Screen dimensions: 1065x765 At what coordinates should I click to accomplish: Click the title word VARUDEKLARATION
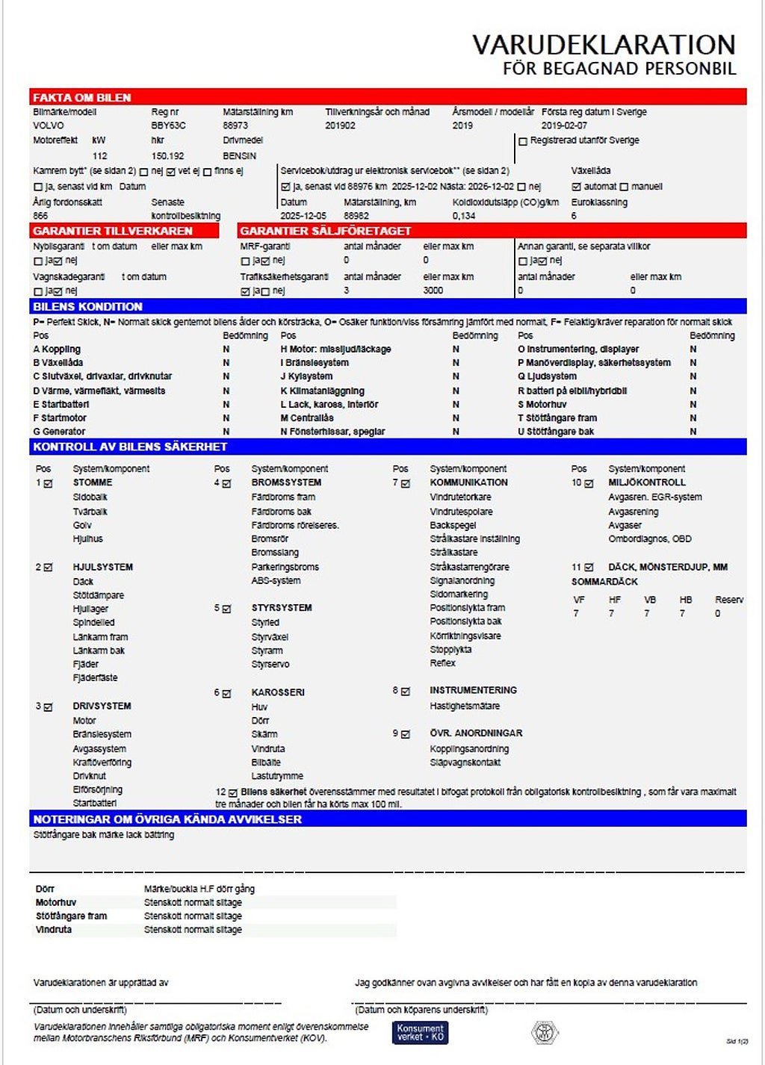pyautogui.click(x=604, y=45)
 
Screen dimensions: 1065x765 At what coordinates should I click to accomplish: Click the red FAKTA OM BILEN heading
pyautogui.click(x=82, y=98)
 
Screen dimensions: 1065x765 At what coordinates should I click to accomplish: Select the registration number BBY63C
pyautogui.click(x=168, y=125)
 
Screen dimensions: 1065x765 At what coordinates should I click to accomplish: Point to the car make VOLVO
pyautogui.click(x=49, y=125)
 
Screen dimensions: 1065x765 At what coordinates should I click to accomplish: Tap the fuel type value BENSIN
pyautogui.click(x=239, y=156)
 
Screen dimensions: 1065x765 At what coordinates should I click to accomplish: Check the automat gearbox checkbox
pyautogui.click(x=576, y=187)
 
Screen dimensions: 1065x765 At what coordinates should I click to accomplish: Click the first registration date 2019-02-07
pyautogui.click(x=564, y=125)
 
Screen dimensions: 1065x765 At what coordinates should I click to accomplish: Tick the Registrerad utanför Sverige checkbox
pyautogui.click(x=523, y=141)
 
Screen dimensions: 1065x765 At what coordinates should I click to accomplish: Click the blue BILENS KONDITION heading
pyautogui.click(x=87, y=307)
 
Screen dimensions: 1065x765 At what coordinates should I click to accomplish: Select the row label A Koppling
pyautogui.click(x=57, y=350)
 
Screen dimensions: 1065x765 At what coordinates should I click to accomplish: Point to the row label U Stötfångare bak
pyautogui.click(x=556, y=432)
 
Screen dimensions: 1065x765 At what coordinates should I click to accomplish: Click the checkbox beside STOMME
pyautogui.click(x=49, y=484)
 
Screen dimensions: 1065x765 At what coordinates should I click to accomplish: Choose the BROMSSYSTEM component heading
pyautogui.click(x=286, y=483)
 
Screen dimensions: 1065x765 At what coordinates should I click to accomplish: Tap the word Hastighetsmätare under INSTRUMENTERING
pyautogui.click(x=465, y=706)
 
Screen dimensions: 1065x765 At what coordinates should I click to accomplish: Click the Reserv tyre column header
pyautogui.click(x=728, y=600)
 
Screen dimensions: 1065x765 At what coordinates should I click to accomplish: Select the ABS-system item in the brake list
pyautogui.click(x=276, y=580)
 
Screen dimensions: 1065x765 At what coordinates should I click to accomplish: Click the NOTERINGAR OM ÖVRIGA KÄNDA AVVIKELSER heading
pyautogui.click(x=167, y=819)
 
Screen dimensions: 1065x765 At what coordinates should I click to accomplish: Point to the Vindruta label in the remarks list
pyautogui.click(x=54, y=930)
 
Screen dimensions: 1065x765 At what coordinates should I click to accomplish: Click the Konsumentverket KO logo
pyautogui.click(x=420, y=1033)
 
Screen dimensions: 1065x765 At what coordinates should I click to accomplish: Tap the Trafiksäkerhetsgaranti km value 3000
pyautogui.click(x=433, y=291)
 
